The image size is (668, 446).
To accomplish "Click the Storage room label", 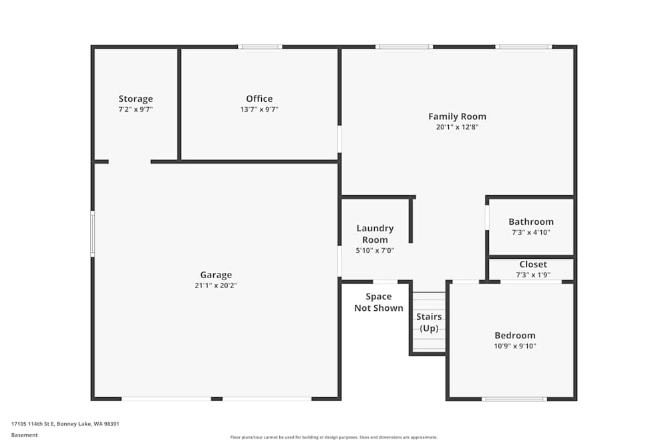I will pos(136,99).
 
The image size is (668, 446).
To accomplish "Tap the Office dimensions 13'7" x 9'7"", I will pos(259,110).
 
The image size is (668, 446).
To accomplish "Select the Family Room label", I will pos(457,116).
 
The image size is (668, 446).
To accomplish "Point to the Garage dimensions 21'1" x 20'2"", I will pos(216,286).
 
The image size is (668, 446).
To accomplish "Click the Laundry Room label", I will pos(375,234).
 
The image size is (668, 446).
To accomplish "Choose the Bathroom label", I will pos(531,222).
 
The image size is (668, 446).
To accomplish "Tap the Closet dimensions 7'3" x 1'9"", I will pos(532,275).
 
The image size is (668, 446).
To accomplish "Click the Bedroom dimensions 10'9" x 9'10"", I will pos(514,346).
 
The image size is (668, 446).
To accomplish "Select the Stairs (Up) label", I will pos(429,322).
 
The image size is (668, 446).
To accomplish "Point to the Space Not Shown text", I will pos(379,302).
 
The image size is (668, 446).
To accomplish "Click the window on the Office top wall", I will pos(260,47).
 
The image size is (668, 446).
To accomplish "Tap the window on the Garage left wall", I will pos(93,233).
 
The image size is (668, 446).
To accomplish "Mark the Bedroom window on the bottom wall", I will pos(514,399).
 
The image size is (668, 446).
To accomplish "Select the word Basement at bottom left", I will pos(25,435).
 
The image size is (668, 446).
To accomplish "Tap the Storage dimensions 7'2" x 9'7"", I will pos(136,110).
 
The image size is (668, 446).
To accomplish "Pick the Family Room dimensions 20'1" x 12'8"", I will pos(457,127).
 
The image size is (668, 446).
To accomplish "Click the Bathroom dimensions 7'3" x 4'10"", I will pos(531,233).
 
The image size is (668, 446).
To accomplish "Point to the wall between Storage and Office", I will pos(179,104).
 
